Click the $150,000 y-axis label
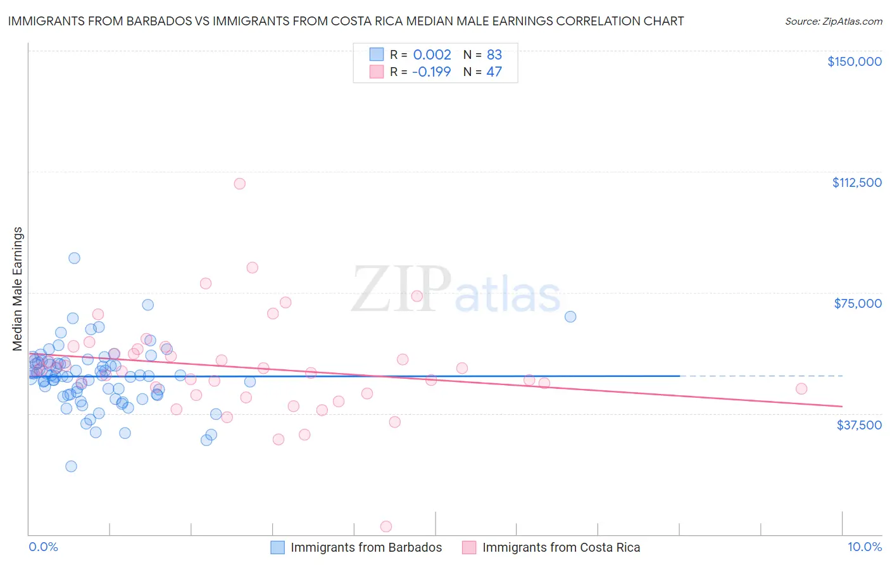coord(854,61)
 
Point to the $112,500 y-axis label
coord(856,182)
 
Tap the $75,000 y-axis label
coord(858,303)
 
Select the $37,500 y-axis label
coord(859,424)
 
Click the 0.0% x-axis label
coord(43,547)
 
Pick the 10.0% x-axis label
coord(864,547)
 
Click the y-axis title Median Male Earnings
coord(18,289)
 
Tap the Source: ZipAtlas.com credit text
coord(833,21)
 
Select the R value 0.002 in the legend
coord(432,54)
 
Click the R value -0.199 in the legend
coord(431,72)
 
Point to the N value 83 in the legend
coord(494,54)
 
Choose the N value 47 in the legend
coord(494,72)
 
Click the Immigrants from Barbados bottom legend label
coord(366,547)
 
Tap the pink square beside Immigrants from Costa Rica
coord(468,547)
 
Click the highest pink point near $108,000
coord(239,184)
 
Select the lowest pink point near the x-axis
coord(385,526)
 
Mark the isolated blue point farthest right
coord(570,317)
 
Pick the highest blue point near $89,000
coord(74,258)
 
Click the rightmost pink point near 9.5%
coord(801,389)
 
